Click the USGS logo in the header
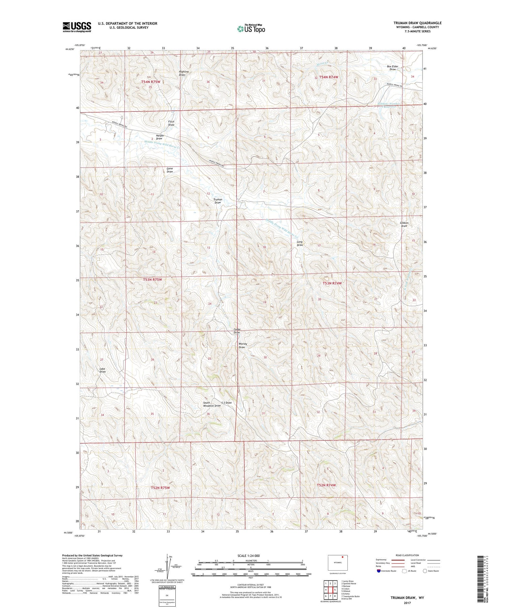77,27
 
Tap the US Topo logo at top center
251,29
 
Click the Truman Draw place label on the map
218,201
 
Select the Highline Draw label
183,73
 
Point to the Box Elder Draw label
393,68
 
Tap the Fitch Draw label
171,123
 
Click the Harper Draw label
159,137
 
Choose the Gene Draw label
170,170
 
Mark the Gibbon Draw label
404,224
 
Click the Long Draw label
300,243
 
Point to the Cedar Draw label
237,331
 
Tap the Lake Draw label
102,370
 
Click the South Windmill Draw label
212,404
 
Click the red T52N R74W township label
326,485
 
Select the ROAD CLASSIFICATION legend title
407,555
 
